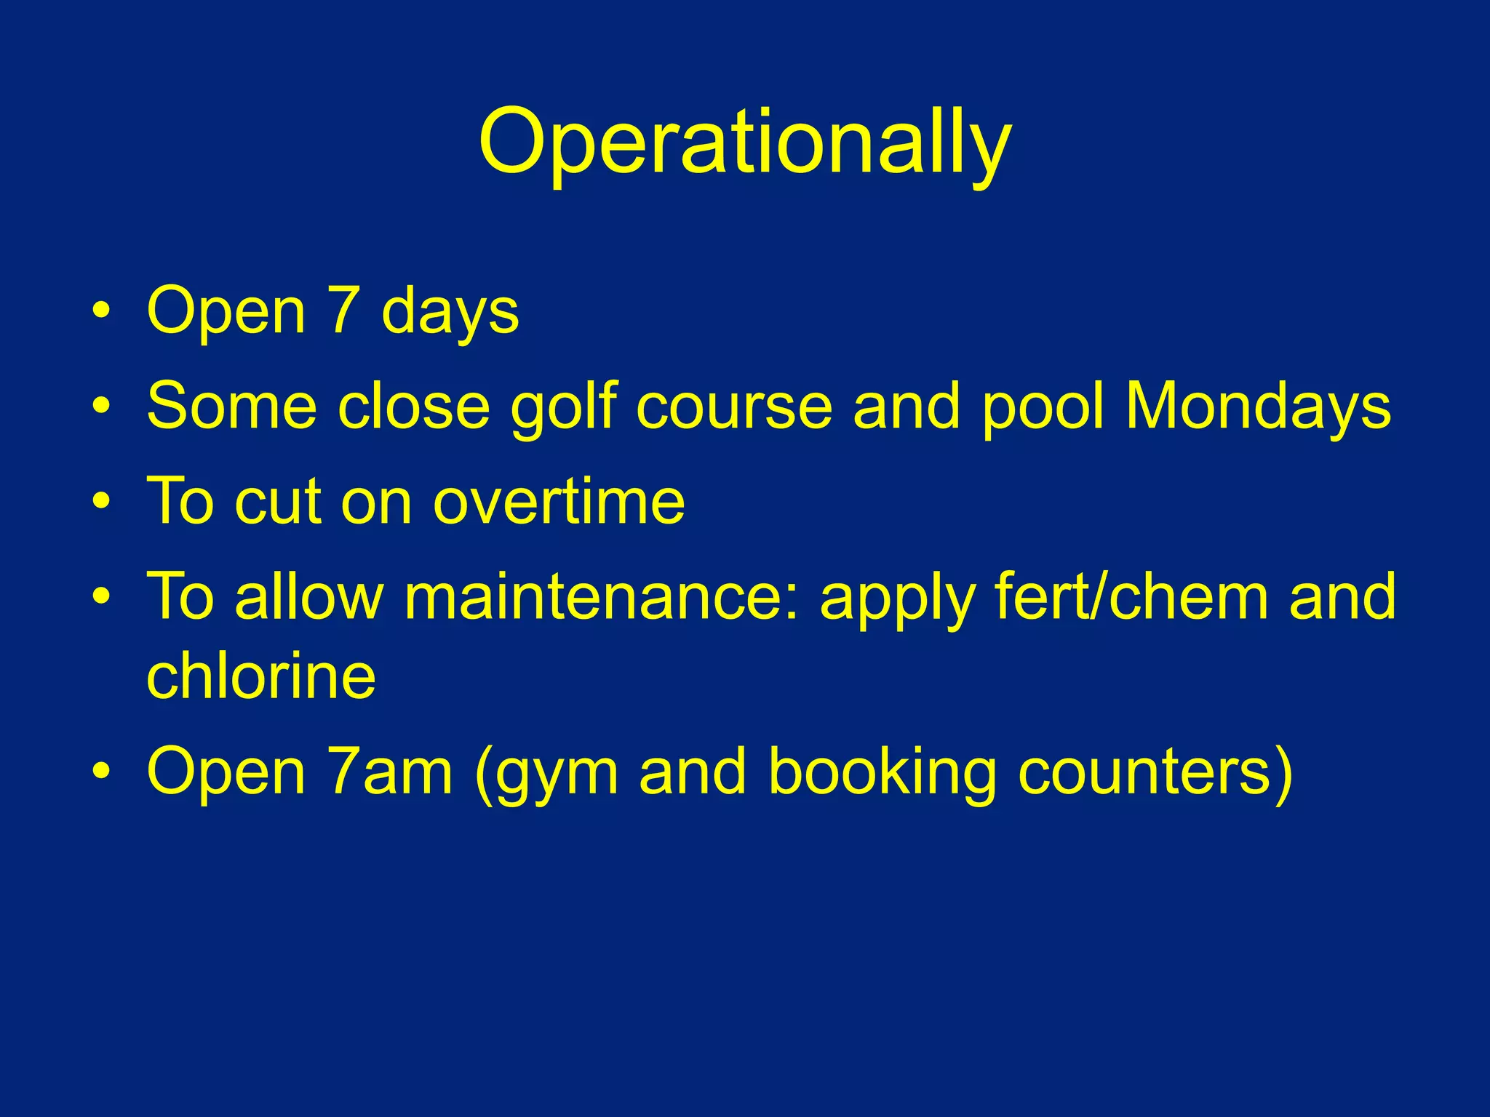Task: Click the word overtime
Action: point(559,502)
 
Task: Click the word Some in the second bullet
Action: point(232,407)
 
